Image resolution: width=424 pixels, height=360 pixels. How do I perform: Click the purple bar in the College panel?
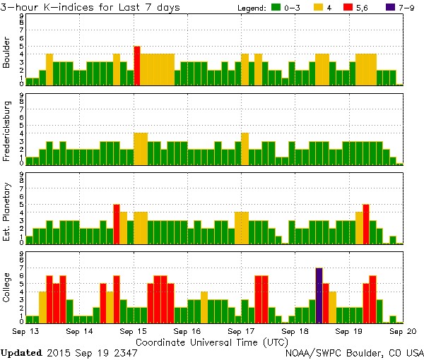[x=319, y=295]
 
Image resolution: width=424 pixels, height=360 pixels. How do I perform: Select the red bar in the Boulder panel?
[x=137, y=66]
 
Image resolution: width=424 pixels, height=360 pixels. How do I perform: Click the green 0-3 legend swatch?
[x=276, y=8]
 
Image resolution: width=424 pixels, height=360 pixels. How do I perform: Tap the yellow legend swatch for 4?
[x=318, y=8]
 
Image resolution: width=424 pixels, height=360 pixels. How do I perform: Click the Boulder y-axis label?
[x=7, y=52]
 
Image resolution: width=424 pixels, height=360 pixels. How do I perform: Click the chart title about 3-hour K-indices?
[x=90, y=7]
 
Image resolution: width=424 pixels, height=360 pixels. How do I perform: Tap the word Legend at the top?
[x=252, y=8]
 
